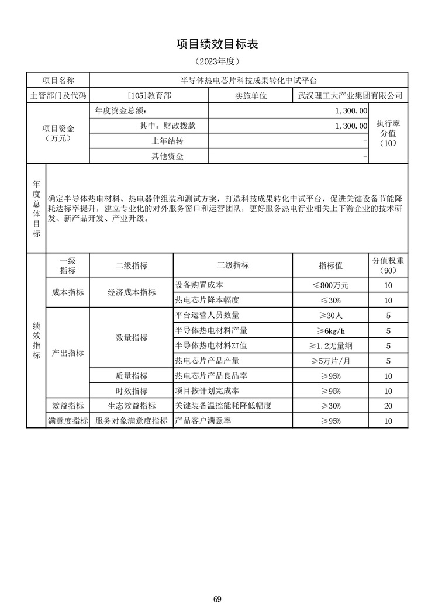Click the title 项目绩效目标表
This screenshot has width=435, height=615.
[x=217, y=44]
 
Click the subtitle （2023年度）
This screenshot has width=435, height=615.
[x=217, y=61]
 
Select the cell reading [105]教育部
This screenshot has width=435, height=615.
[x=149, y=95]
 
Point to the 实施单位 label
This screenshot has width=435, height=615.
[x=251, y=95]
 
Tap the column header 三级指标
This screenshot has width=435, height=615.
[x=233, y=265]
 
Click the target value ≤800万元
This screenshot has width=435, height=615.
[x=330, y=285]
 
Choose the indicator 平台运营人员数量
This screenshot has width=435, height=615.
[x=207, y=316]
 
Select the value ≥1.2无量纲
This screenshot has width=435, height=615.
[x=330, y=345]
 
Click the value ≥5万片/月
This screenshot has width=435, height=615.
[x=330, y=361]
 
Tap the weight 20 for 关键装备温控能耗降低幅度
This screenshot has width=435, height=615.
[x=388, y=406]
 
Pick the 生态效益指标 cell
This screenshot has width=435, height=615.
[x=132, y=406]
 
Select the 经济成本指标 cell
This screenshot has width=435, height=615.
[x=132, y=292]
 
